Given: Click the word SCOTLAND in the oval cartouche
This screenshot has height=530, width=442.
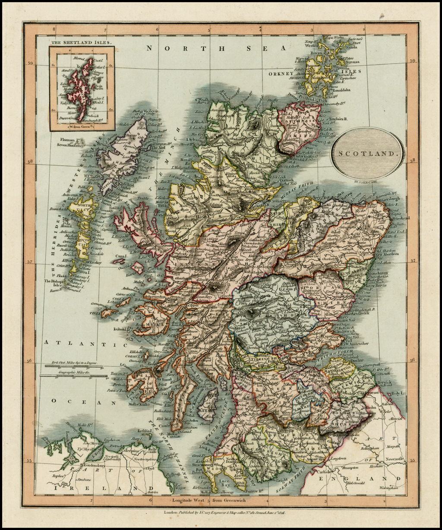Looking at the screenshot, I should tap(367, 153).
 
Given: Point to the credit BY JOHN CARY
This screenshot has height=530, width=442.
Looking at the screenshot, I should tap(367, 182).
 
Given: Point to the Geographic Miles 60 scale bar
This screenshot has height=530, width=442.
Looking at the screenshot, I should tap(73, 375).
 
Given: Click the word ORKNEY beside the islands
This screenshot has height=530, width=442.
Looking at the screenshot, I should tap(281, 74).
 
